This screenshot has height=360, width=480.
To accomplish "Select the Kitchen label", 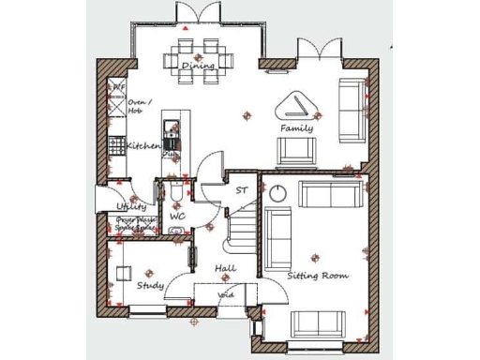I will (x=143, y=146).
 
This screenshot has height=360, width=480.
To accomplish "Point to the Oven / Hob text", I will (x=140, y=106).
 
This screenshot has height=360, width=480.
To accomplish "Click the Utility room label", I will (x=131, y=206).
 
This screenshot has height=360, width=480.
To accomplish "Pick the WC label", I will (x=177, y=217).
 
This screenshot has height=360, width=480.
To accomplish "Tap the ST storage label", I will (x=241, y=190).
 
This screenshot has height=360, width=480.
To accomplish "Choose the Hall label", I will (x=225, y=269).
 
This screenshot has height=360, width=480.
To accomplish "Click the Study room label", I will (x=150, y=285).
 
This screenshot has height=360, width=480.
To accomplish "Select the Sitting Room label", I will (x=318, y=276).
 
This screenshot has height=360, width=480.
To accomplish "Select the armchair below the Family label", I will (x=296, y=150).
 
